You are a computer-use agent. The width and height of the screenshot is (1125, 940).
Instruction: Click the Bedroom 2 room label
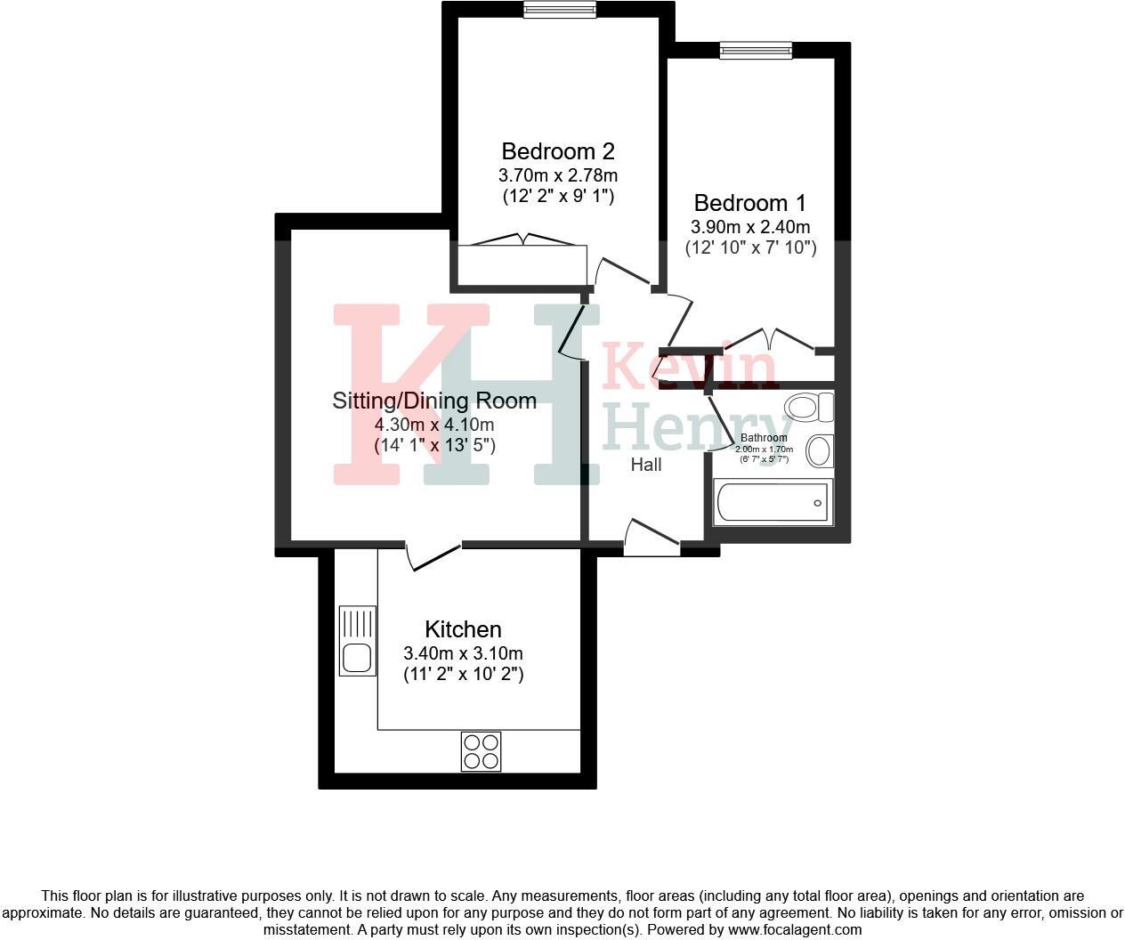pos(558,151)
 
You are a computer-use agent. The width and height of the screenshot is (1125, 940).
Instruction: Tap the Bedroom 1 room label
pos(750,203)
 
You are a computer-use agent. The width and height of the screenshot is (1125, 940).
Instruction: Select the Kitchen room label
pos(463,629)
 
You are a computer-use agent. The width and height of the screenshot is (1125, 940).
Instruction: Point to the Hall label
pos(646,465)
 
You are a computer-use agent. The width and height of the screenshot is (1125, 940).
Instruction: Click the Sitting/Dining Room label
pos(434,401)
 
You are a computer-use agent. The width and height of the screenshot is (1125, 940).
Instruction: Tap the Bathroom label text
pos(764,438)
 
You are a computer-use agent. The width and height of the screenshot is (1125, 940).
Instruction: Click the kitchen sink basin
pos(358,658)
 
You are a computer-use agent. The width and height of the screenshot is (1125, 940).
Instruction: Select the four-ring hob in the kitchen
pos(481,750)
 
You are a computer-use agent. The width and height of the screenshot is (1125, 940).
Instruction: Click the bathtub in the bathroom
pos(773,502)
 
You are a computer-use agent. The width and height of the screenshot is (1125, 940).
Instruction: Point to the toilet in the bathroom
pos(807,408)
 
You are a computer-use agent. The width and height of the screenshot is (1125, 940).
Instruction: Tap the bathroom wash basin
pos(819,450)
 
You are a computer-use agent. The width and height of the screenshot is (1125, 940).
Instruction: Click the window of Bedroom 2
pos(560,10)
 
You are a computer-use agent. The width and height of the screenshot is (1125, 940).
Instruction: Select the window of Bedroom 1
pos(756,51)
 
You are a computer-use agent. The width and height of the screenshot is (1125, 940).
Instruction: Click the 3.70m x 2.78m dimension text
pos(558,175)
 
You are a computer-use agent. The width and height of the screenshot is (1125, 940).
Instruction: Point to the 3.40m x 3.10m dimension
pos(463,653)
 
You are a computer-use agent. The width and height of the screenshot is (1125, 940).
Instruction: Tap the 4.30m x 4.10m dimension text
pos(434,425)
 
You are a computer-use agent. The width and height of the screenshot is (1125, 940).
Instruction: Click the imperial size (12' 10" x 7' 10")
pos(750,247)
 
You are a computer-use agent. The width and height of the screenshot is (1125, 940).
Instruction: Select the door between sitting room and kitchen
pos(434,555)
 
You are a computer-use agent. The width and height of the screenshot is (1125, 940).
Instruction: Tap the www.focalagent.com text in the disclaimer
pos(795,929)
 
